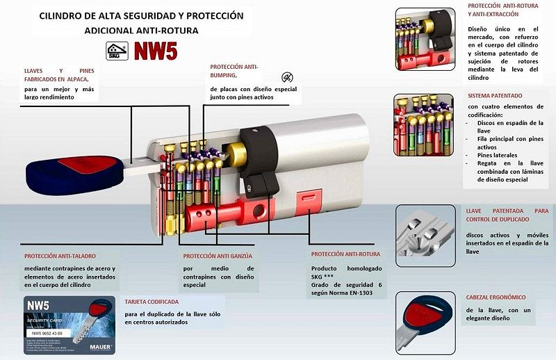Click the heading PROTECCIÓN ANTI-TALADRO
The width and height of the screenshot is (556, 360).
click(x=61, y=256)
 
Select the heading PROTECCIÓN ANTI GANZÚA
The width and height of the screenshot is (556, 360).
click(x=218, y=256)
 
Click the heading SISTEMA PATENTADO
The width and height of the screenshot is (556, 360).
click(x=495, y=95)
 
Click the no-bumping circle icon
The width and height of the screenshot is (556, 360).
click(x=286, y=76)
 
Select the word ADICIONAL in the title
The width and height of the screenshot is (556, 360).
click(x=111, y=31)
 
